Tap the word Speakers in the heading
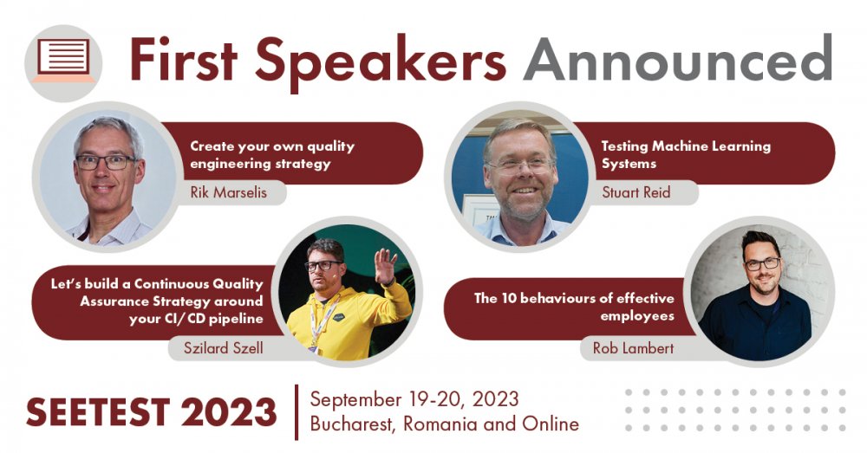click(x=380, y=62)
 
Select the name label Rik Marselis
click(x=228, y=192)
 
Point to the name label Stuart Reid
click(x=636, y=192)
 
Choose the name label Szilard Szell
click(x=224, y=348)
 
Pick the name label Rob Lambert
click(x=633, y=348)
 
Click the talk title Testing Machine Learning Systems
click(x=686, y=155)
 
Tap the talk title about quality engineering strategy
click(x=272, y=155)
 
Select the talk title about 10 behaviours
click(x=574, y=307)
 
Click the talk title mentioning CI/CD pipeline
click(x=157, y=301)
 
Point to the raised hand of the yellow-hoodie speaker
click(x=385, y=266)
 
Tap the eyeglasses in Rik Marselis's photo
click(x=105, y=162)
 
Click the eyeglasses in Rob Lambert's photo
click(x=761, y=263)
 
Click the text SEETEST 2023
click(x=151, y=412)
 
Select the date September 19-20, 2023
click(x=414, y=398)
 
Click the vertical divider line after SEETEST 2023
click(x=297, y=412)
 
